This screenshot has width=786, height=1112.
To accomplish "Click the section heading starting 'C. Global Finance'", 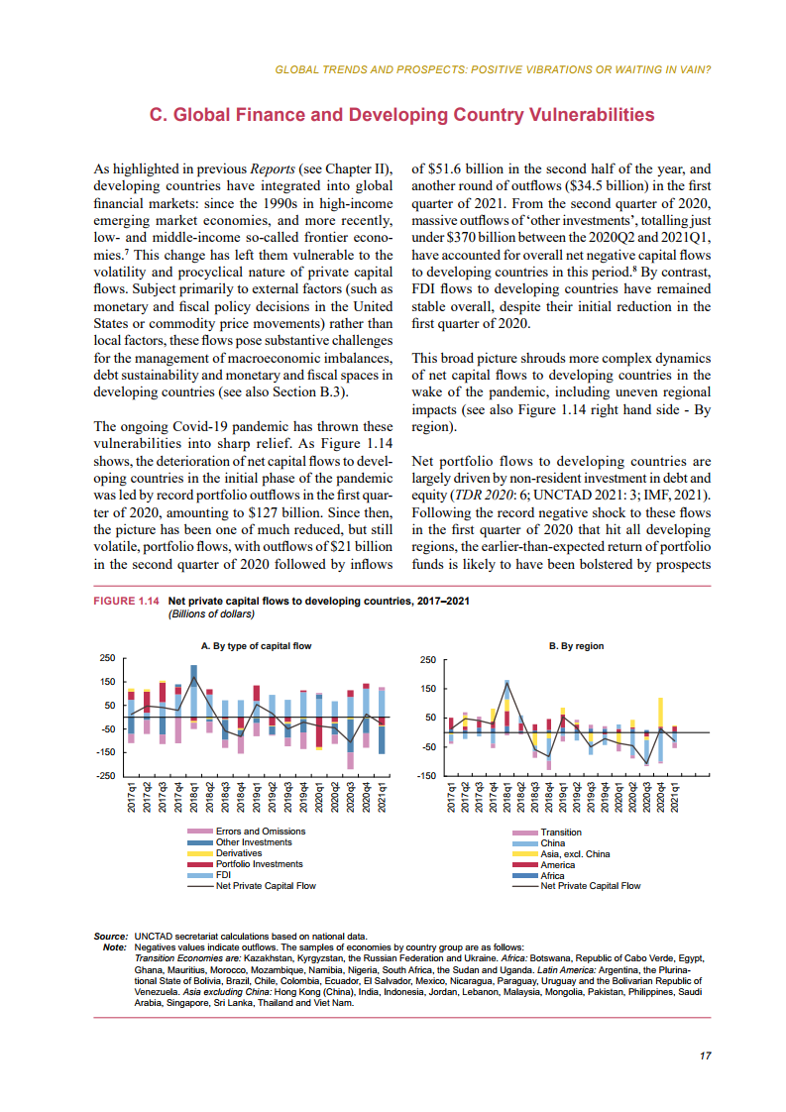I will (x=400, y=116).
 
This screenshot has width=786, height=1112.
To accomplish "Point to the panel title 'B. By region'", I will (x=576, y=646).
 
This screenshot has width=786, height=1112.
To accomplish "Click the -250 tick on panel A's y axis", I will (x=107, y=776).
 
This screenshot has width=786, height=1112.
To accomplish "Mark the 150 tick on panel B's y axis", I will (x=427, y=689).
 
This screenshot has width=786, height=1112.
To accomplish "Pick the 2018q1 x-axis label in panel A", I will (x=194, y=799).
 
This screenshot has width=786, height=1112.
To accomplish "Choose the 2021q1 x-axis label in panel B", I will (x=675, y=799).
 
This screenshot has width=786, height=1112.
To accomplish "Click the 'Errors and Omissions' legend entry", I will (x=261, y=832).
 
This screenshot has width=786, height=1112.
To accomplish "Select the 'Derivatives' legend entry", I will (x=239, y=853).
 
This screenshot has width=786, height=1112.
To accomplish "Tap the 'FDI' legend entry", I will (x=224, y=875).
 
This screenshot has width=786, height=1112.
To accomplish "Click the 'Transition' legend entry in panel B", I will (x=561, y=833).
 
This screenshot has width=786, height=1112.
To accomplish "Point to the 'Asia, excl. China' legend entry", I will (x=575, y=854).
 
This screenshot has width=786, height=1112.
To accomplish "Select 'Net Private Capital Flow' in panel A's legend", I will (x=266, y=886).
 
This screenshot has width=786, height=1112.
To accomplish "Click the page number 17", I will (x=705, y=1056).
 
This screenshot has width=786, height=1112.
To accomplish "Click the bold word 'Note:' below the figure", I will (x=114, y=947).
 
